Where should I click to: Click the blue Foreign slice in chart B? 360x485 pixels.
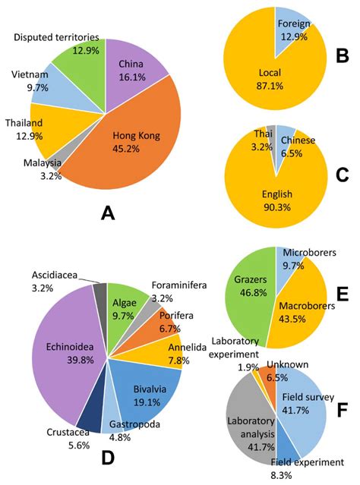pyautogui.click(x=286, y=26)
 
